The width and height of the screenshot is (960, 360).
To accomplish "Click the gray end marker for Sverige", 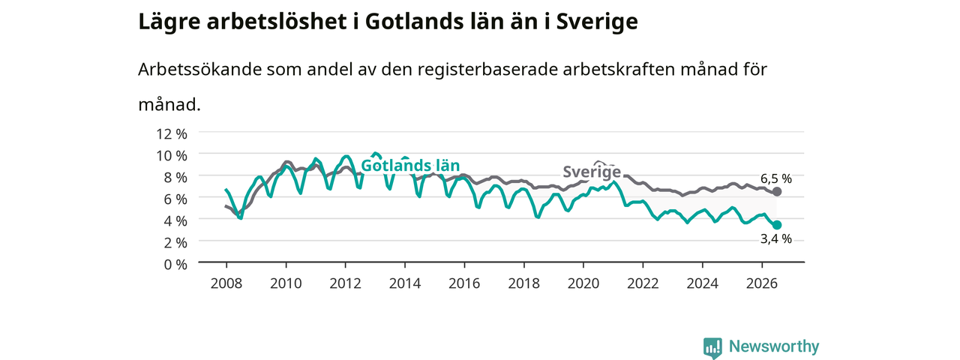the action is (776, 191).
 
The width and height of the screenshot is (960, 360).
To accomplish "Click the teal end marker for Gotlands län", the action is (776, 225).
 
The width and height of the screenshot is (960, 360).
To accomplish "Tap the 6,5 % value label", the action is (776, 178).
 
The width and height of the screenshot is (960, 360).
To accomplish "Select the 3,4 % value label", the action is (776, 239).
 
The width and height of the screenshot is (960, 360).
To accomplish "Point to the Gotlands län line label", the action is (410, 166).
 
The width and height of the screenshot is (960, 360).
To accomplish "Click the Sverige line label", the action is (592, 172).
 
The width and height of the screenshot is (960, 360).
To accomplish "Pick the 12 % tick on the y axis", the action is (172, 134).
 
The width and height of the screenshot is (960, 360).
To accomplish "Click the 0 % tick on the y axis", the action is (175, 265).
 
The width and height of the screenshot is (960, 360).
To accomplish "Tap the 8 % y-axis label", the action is (175, 178).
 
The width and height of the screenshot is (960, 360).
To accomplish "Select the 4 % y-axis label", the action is (175, 221).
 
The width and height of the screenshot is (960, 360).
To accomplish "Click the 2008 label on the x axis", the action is (226, 283).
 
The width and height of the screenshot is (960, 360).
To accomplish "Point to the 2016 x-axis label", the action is (464, 283).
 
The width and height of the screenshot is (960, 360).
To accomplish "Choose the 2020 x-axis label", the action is (583, 283).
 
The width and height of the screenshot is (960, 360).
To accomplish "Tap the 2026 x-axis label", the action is (761, 283).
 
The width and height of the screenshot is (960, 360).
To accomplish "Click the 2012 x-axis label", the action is (346, 283).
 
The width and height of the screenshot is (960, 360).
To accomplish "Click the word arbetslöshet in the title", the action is (277, 22).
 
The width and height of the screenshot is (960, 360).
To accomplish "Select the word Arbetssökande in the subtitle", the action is (199, 70).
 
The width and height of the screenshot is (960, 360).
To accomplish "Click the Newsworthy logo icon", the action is (712, 348).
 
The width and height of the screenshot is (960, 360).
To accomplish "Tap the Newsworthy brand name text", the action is (774, 346).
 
